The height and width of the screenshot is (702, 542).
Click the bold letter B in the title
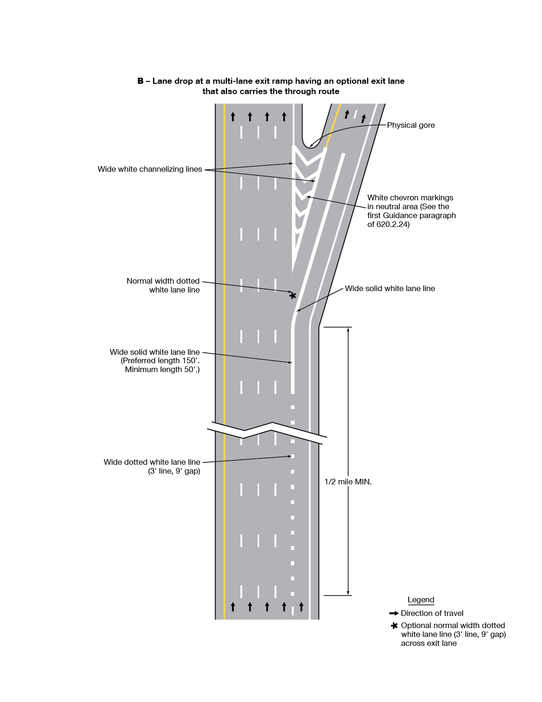(x=140, y=81)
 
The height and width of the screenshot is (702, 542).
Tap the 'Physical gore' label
(x=411, y=125)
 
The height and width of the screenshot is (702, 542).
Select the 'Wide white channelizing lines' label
(x=150, y=169)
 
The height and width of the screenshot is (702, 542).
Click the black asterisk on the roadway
(x=293, y=296)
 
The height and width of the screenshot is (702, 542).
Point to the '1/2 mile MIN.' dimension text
(x=348, y=482)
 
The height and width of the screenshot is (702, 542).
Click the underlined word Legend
(x=421, y=600)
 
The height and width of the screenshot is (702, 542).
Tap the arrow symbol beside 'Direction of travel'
(x=394, y=613)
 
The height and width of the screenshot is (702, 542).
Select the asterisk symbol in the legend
(x=394, y=626)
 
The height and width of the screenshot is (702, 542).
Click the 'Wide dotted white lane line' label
(x=152, y=462)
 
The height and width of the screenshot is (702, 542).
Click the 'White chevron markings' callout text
(x=410, y=197)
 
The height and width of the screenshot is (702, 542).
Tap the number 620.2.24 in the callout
(x=393, y=224)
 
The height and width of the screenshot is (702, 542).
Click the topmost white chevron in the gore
(x=309, y=157)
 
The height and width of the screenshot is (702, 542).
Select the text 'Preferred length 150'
(x=160, y=360)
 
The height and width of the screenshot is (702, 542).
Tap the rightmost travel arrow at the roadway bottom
(x=301, y=607)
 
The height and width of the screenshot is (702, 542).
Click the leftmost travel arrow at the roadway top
(x=233, y=116)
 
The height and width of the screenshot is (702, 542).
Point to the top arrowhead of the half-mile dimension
(x=348, y=329)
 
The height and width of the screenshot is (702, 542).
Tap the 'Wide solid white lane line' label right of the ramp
(x=390, y=288)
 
